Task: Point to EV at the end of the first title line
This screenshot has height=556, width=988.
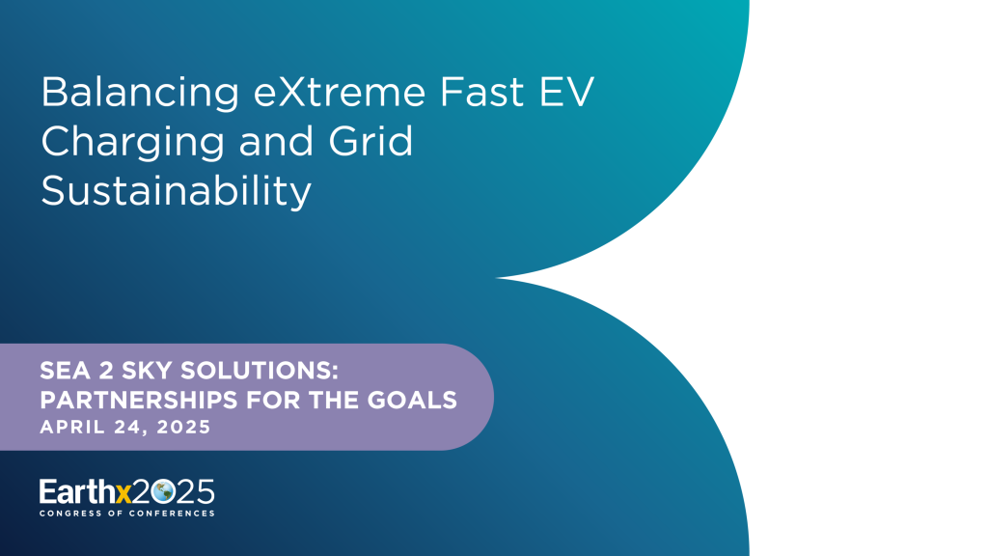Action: tap(563, 94)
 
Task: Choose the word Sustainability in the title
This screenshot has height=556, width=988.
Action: tap(176, 192)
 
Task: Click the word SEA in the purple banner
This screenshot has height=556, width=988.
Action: tap(61, 372)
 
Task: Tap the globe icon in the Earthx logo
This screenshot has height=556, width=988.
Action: tap(162, 491)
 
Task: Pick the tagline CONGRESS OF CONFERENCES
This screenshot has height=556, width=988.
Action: tap(126, 514)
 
